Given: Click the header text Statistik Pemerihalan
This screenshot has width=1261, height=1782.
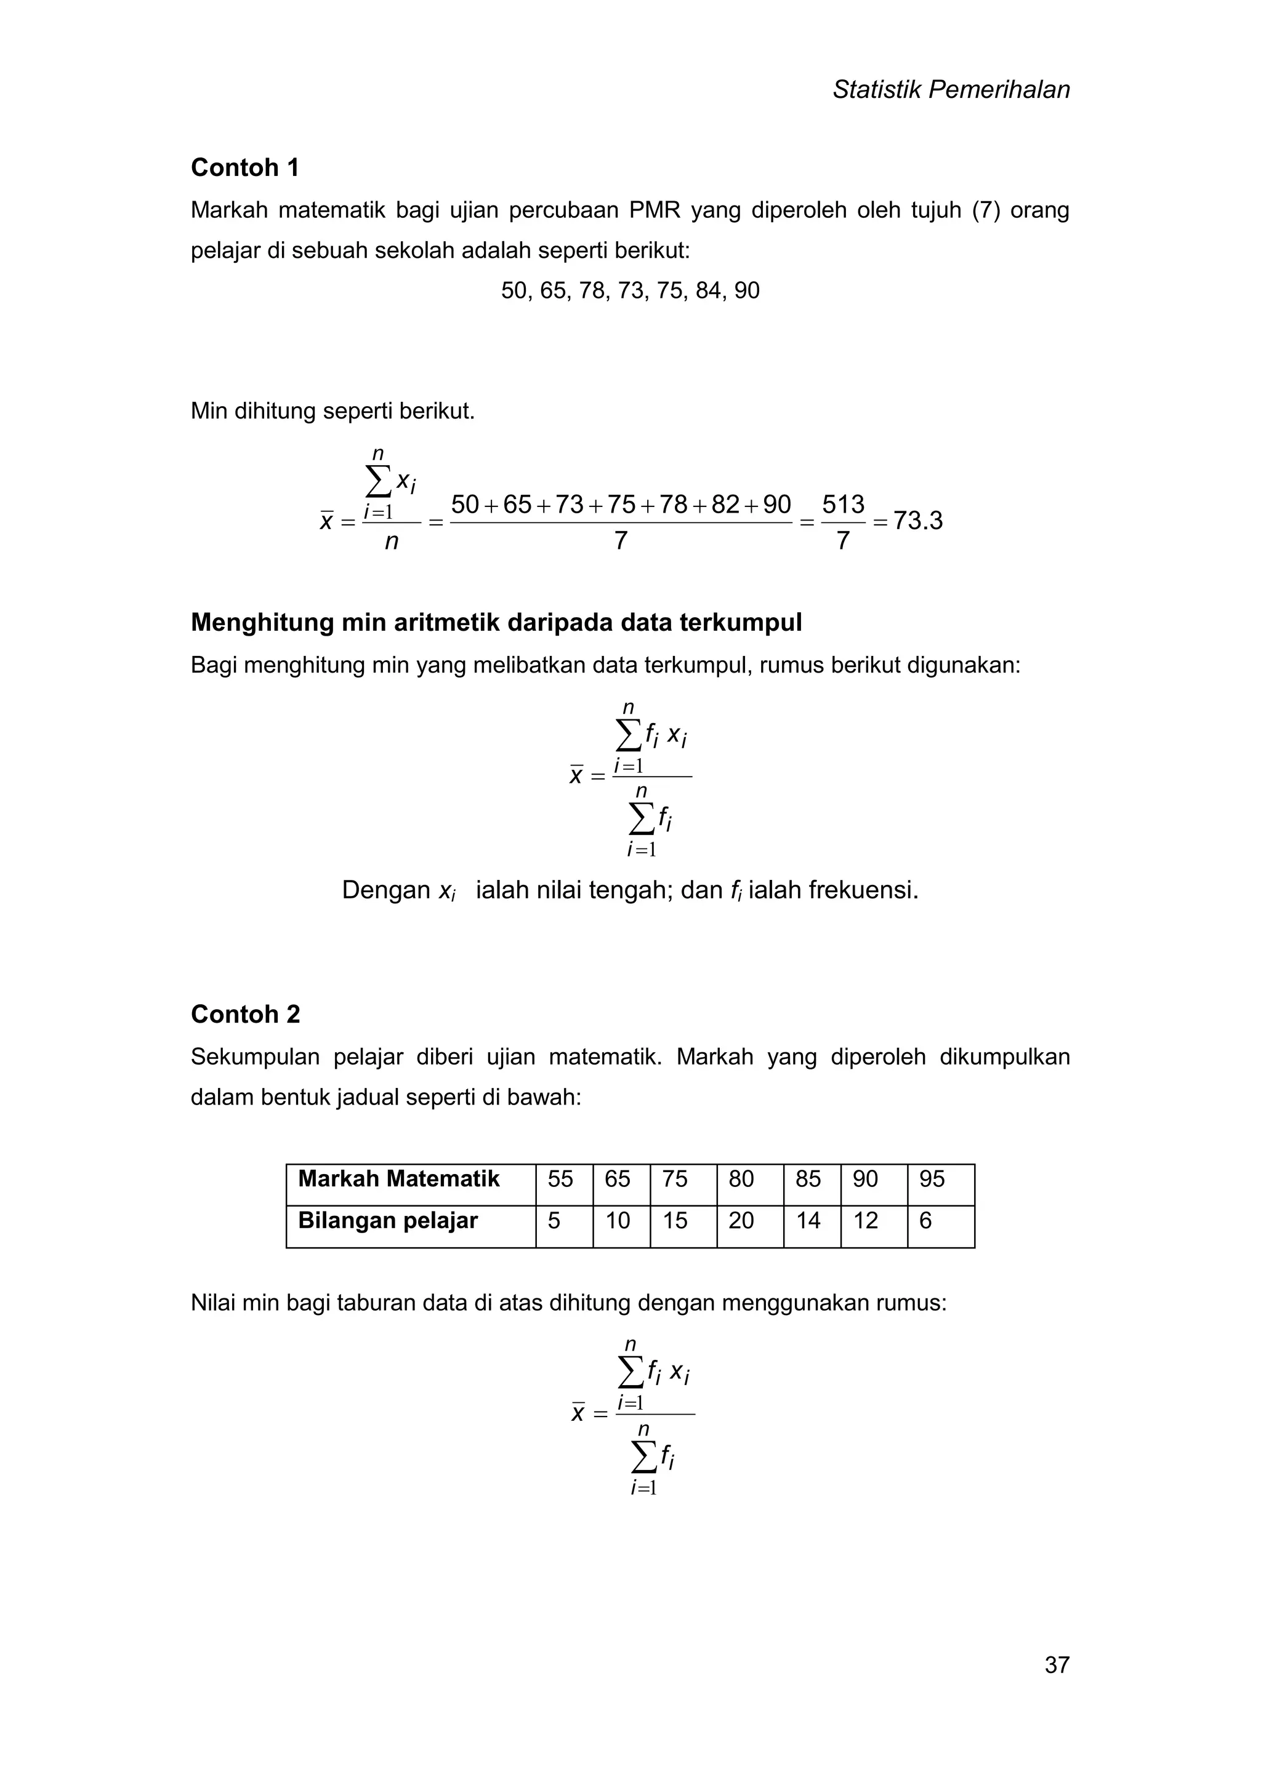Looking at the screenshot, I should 951,90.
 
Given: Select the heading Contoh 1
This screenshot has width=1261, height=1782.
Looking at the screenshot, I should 244,167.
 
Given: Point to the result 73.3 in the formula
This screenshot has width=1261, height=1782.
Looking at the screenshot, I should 918,521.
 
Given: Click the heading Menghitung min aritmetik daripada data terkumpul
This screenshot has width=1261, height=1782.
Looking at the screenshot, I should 496,623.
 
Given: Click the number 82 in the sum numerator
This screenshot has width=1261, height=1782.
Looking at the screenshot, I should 725,505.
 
